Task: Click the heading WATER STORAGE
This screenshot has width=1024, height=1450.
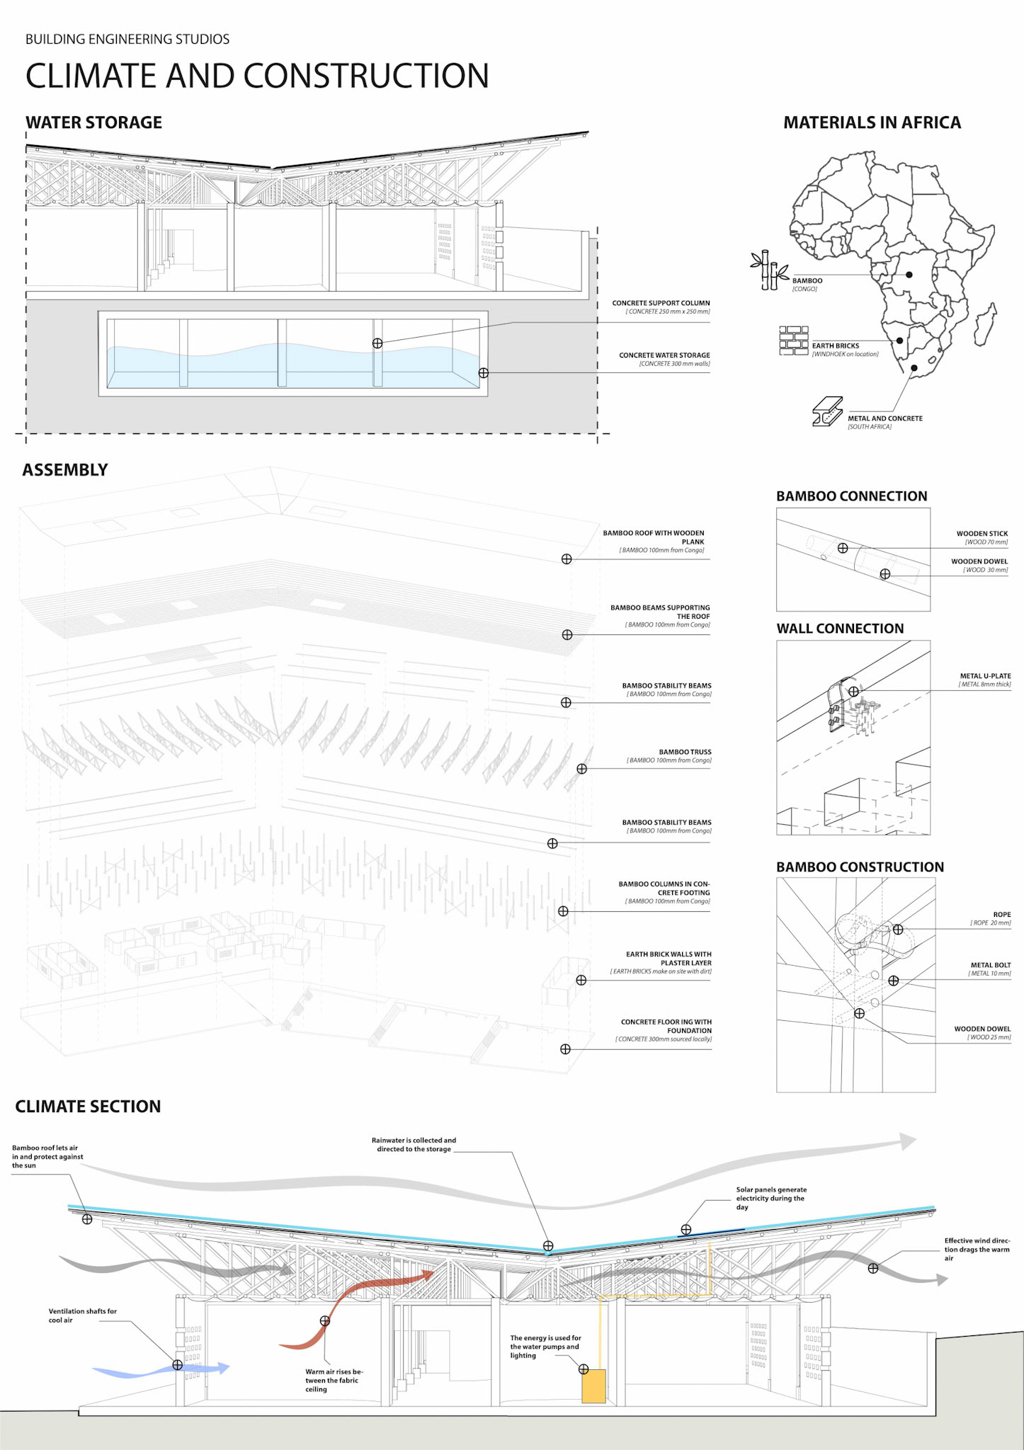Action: coord(93,122)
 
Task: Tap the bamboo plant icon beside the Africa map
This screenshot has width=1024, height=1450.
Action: coord(769,270)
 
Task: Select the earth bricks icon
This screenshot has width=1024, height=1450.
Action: coord(794,341)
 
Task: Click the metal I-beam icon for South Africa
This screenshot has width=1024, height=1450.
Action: coord(827,411)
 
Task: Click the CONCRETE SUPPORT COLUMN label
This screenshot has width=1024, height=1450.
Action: coord(661,303)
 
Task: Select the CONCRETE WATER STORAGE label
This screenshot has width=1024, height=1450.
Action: coord(664,355)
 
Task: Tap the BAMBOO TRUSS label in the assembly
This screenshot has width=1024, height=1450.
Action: coord(685,752)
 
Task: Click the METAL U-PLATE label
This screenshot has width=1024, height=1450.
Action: coord(985,676)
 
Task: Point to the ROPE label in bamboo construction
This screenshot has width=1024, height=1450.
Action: coord(1001,915)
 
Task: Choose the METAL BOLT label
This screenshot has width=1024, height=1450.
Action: coord(991,965)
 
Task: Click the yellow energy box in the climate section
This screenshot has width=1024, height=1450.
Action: coord(593,1386)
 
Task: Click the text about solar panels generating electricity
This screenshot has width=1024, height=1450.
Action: coord(770,1198)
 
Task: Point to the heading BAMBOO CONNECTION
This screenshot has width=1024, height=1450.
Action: coord(851,496)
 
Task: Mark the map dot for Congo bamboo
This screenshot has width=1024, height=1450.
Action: coord(909,275)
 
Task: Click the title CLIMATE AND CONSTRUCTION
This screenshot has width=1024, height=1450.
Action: coord(257,76)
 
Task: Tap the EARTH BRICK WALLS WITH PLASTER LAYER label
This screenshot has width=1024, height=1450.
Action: coord(669,959)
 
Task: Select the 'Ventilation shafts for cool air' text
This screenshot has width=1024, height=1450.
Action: coord(82,1315)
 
